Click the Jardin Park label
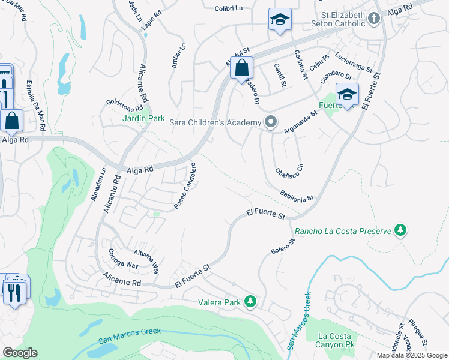coord(144,119)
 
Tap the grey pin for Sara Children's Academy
coord(271,123)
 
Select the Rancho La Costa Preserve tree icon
coord(400,230)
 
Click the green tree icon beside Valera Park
coord(252,302)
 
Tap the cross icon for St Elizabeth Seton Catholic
coord(374,18)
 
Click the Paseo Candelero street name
coord(185,186)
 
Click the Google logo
coord(19,353)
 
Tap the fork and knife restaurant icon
coord(12,293)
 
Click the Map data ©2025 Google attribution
coord(412,355)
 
